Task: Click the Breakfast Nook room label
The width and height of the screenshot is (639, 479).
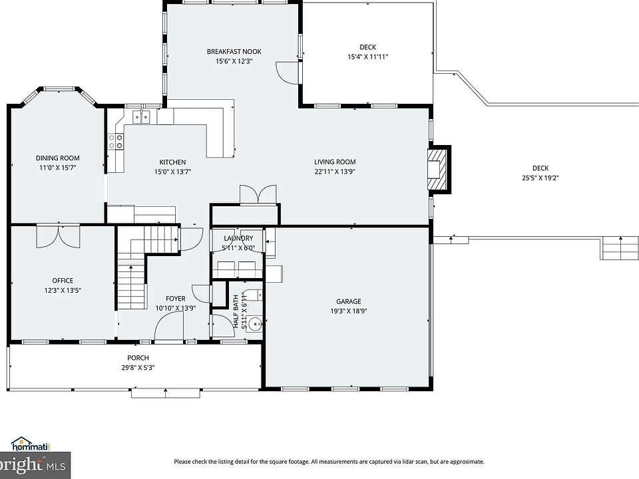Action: pos(234,52)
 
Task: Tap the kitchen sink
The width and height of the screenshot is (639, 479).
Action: pos(141,117)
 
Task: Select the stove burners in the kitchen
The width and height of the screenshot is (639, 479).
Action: pos(115,141)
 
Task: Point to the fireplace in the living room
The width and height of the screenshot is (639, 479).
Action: pos(439,169)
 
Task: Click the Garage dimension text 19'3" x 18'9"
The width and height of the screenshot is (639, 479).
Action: pos(348,311)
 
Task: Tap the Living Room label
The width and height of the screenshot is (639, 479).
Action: pos(335,162)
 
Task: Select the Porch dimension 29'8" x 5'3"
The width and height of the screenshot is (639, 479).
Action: pos(138,368)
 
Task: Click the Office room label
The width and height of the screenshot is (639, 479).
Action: pos(63,281)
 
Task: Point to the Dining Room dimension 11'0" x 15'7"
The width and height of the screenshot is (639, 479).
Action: pos(57,168)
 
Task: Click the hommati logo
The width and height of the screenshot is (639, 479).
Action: pos(31,444)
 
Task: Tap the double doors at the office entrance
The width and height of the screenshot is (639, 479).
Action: pos(59,236)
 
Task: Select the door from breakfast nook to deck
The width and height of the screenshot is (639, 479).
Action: pos(288,73)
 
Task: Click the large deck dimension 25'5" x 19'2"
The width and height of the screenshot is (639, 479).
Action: pos(540,178)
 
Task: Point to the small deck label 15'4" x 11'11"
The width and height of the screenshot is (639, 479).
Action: pos(367,57)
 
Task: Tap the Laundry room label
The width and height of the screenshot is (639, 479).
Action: pos(238,238)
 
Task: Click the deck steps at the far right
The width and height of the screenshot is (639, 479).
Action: pos(619,248)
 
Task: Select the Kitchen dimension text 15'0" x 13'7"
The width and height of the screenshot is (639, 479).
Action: pos(172,172)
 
